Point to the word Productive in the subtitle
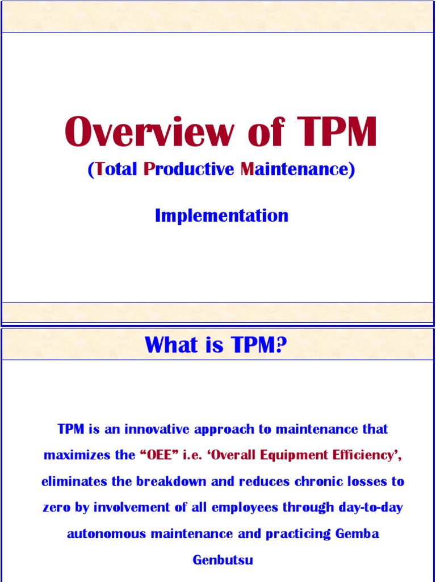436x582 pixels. (186, 169)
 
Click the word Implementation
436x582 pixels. (221, 215)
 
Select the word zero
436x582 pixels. (57, 507)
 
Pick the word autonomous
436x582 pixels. (104, 534)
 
